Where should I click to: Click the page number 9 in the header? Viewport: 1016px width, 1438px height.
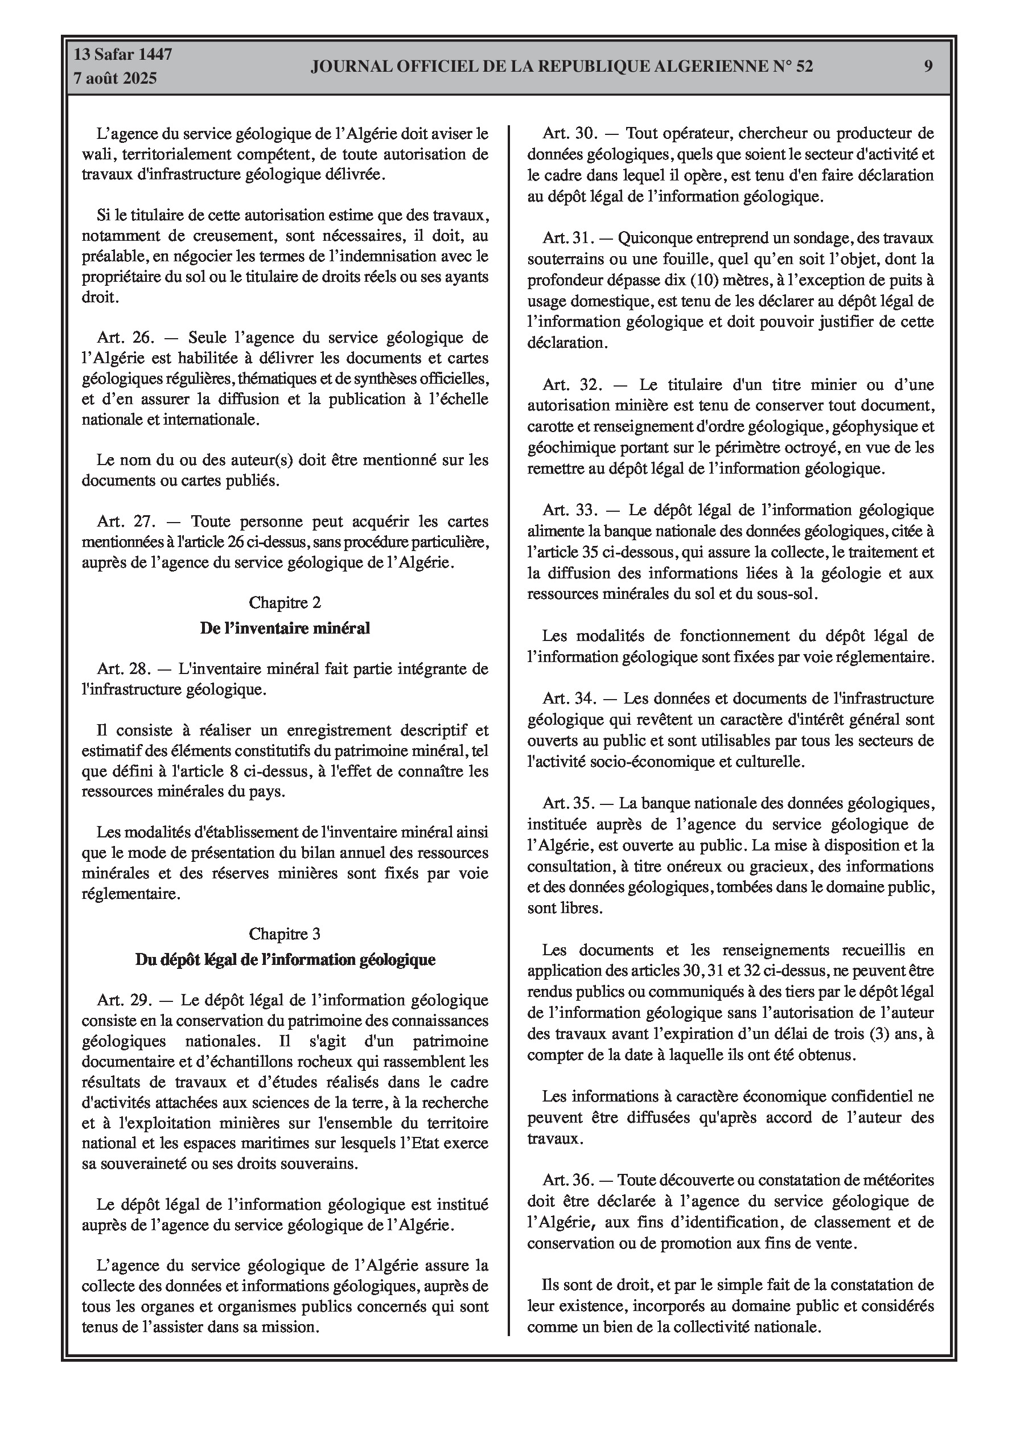[x=928, y=66]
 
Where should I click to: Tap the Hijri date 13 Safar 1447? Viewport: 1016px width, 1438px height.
[x=123, y=55]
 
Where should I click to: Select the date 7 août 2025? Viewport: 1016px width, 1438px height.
[x=115, y=79]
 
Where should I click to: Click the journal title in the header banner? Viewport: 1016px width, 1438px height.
[x=562, y=67]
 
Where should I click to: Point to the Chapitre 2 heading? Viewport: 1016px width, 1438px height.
[x=285, y=602]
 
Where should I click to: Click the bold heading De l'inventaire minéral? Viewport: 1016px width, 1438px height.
[x=285, y=628]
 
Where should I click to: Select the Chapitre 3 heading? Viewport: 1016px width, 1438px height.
[x=285, y=934]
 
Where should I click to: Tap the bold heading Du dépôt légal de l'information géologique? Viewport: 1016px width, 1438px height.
[x=285, y=959]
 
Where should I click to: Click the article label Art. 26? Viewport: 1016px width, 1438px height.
[x=125, y=338]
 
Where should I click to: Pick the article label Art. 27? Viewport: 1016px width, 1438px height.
[x=125, y=521]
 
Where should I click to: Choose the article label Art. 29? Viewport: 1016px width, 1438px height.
[x=125, y=1000]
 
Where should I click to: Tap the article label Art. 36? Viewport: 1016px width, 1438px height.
[x=567, y=1180]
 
